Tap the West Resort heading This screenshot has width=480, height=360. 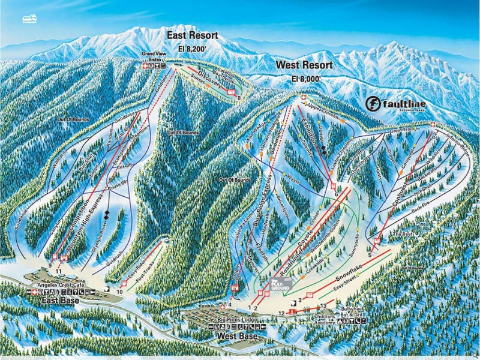(x=304, y=65)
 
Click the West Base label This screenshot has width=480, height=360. (x=237, y=337)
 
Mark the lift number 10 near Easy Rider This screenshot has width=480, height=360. (x=119, y=292)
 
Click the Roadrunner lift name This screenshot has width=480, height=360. (x=292, y=259)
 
